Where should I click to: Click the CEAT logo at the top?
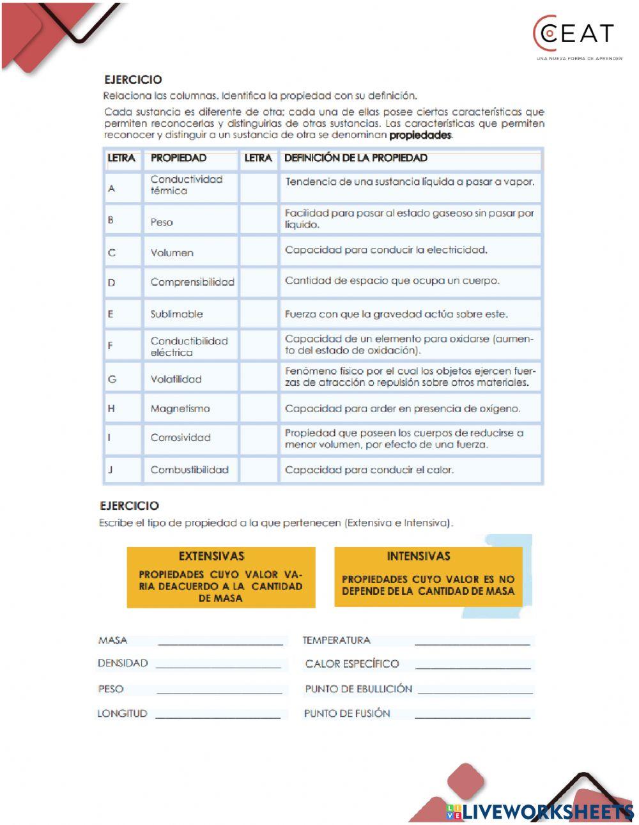[573, 35]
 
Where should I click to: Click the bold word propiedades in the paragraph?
[420, 135]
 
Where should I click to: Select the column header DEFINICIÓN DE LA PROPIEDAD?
[356, 158]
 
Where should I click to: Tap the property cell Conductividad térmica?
[187, 185]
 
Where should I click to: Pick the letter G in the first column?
[112, 379]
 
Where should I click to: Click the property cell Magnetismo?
[180, 408]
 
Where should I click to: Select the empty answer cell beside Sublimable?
[258, 314]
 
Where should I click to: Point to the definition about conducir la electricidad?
[386, 250]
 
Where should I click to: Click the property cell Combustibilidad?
[189, 470]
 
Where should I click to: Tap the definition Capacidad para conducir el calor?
[369, 470]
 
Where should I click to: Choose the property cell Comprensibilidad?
[192, 282]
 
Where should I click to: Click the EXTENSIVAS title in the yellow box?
[212, 556]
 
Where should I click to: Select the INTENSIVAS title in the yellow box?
[419, 556]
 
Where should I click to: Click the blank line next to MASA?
[220, 642]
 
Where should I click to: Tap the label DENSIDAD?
[123, 663]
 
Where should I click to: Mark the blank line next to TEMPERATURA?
[472, 642]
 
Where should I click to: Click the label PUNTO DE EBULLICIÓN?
[358, 689]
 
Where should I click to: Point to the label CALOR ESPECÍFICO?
[352, 664]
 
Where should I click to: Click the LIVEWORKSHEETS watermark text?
[548, 812]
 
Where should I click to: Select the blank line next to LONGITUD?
[218, 715]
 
